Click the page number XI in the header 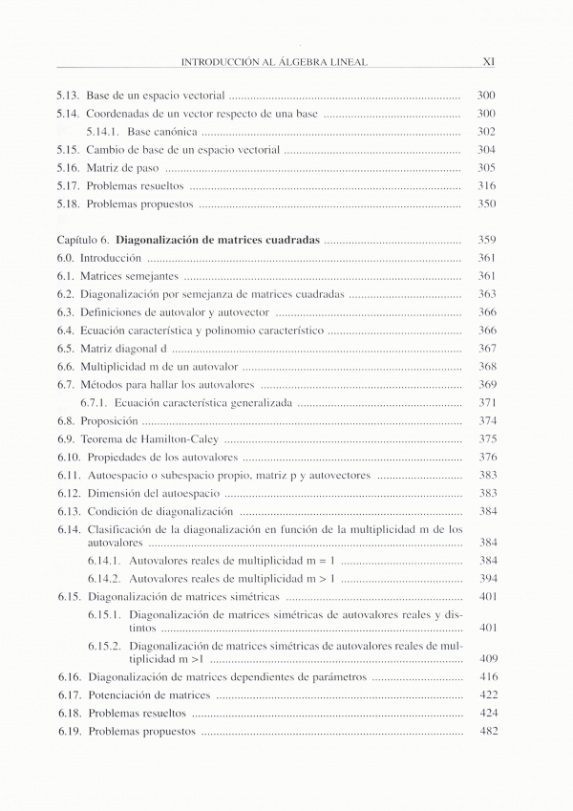click(x=487, y=62)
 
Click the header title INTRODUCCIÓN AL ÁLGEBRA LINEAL click(x=274, y=62)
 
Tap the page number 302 click(x=486, y=132)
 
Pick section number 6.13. click(x=69, y=512)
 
